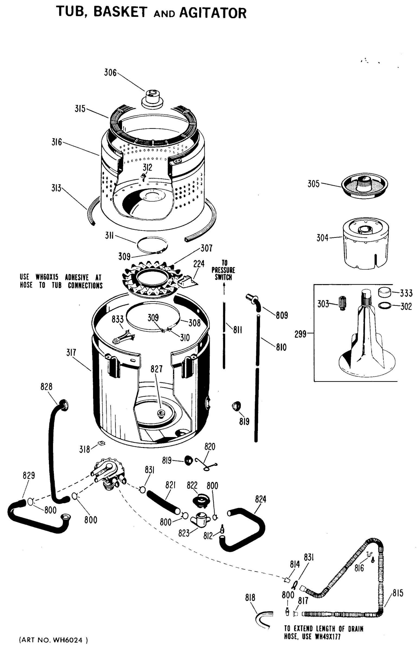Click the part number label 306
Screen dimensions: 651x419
pyautogui.click(x=110, y=73)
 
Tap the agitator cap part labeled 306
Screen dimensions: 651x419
pyautogui.click(x=152, y=99)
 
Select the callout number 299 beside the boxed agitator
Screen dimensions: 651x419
pyautogui.click(x=300, y=334)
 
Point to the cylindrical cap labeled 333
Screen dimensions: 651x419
pyautogui.click(x=385, y=292)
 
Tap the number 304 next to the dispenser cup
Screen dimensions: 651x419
pyautogui.click(x=322, y=238)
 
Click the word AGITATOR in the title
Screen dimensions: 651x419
pyautogui.click(x=213, y=13)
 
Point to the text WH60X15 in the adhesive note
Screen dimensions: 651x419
pyautogui.click(x=47, y=277)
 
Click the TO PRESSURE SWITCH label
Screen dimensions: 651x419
pyautogui.click(x=223, y=270)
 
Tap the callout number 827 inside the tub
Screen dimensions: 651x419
pyautogui.click(x=156, y=369)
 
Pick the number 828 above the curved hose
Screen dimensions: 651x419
pyautogui.click(x=46, y=387)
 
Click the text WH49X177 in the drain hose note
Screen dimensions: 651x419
pyautogui.click(x=328, y=637)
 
